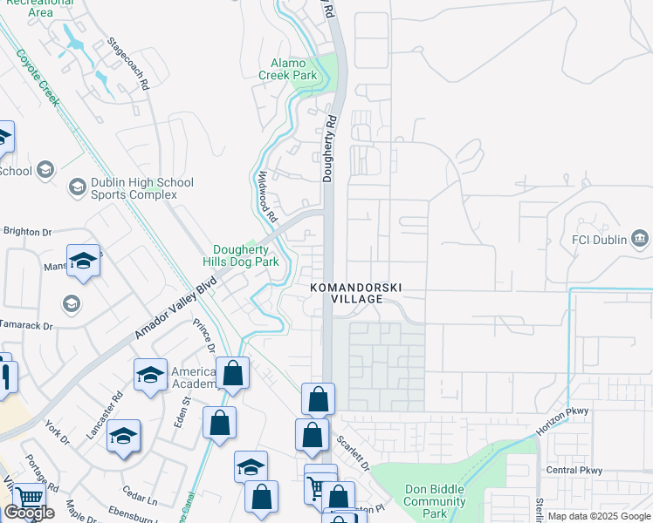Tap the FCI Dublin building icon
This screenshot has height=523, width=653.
tap(640, 238)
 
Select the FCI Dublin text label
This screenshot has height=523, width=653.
tap(600, 238)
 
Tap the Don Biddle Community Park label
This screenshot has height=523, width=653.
tap(435, 501)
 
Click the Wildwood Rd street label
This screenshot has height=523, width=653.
tap(266, 195)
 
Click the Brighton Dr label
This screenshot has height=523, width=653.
tap(28, 232)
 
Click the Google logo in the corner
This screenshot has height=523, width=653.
tap(29, 513)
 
